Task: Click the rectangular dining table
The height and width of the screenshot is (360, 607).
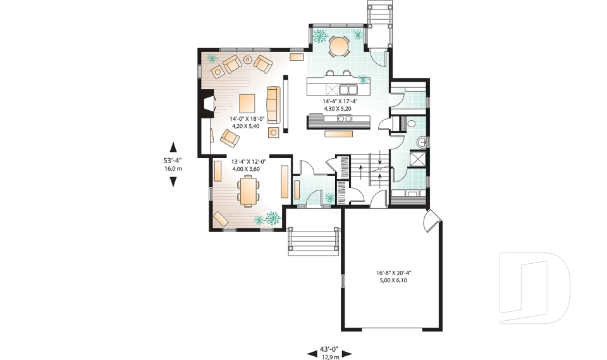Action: tap(248, 190)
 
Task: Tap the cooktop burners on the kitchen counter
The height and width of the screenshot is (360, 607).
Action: tap(345, 118)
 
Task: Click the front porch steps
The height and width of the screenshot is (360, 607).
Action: tap(310, 241)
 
